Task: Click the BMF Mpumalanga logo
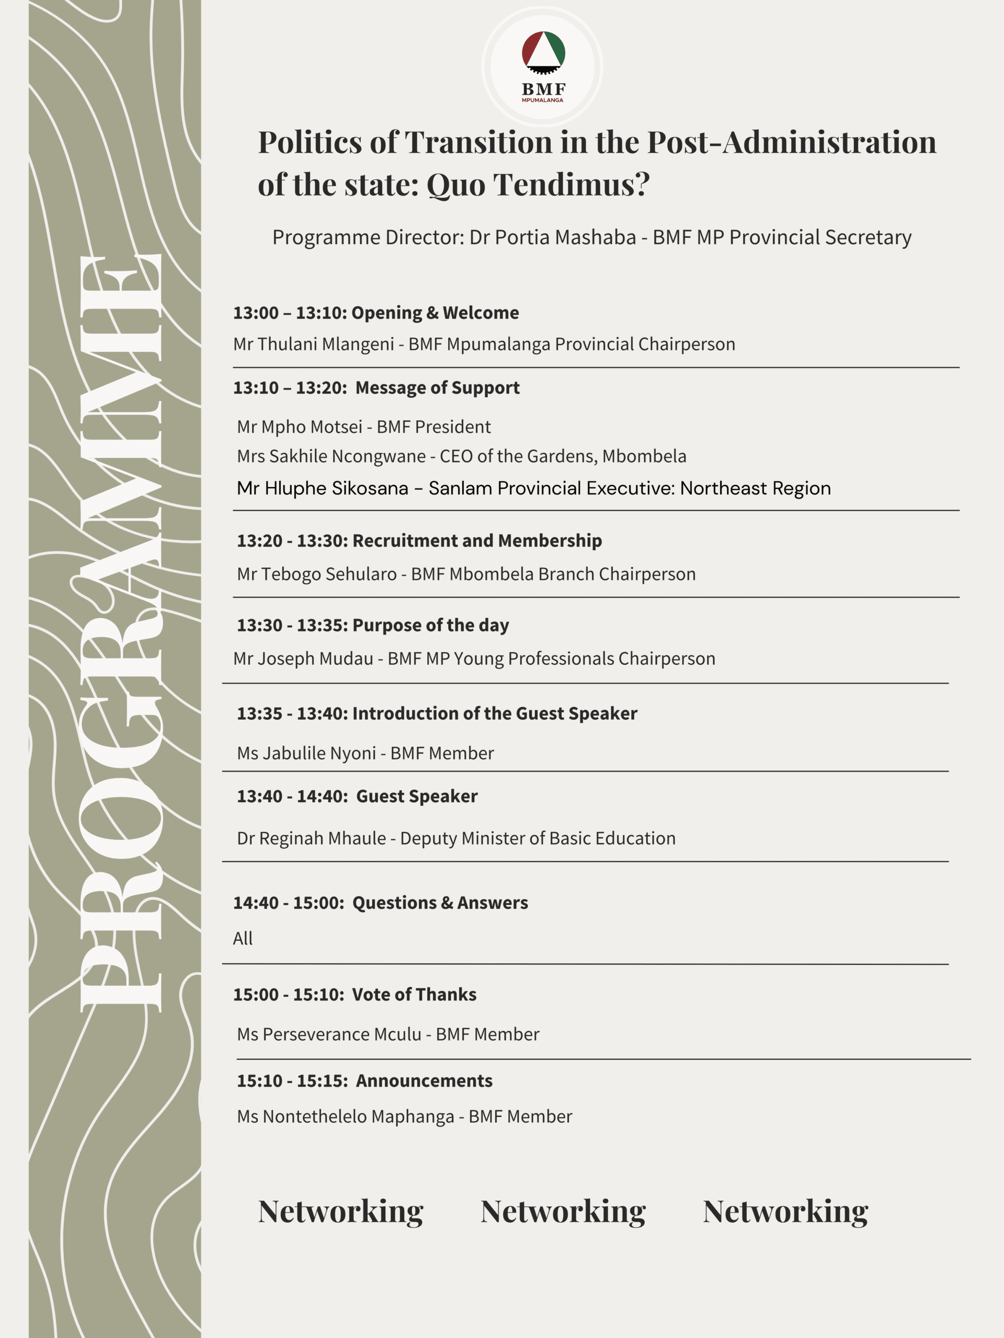pos(543,66)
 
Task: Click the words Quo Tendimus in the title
pos(538,184)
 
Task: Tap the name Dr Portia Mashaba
pos(553,237)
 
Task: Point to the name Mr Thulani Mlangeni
pos(313,344)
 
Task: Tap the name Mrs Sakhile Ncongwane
pos(331,456)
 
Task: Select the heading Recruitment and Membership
pos(477,541)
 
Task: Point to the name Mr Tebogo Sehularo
pos(316,574)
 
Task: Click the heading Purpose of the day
pos(430,626)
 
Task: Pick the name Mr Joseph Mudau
pos(303,659)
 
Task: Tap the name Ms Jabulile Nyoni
pos(306,753)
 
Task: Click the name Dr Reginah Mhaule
pos(311,838)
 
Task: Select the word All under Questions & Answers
pos(243,938)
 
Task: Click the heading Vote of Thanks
pos(414,995)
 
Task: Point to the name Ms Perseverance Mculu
pos(328,1034)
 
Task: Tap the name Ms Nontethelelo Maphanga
pos(345,1116)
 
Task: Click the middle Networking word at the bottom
pos(563,1212)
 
